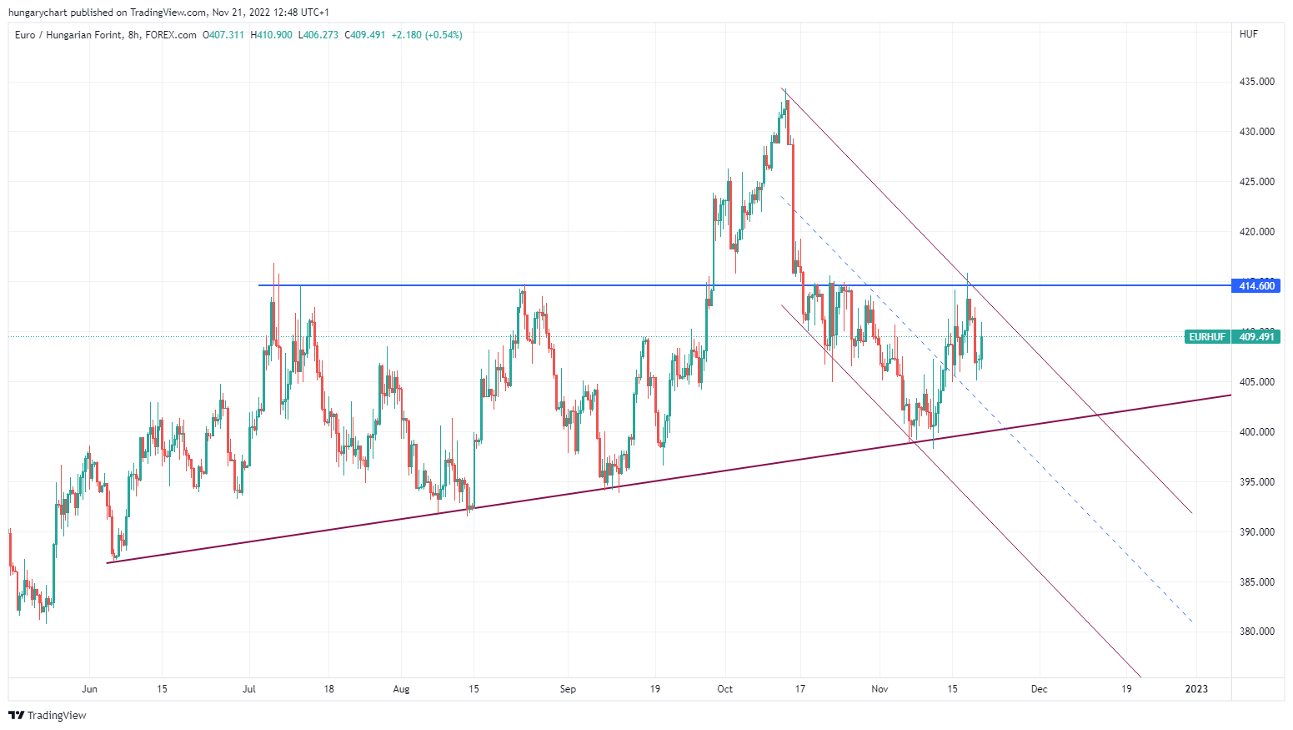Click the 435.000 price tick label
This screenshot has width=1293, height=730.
tap(1256, 82)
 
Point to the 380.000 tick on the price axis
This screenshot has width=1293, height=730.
tap(1256, 632)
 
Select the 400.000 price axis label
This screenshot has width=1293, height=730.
tap(1256, 432)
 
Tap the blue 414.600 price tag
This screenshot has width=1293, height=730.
tap(1256, 286)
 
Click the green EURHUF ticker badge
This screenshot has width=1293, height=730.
tap(1207, 337)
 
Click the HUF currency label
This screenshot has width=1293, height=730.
tap(1248, 34)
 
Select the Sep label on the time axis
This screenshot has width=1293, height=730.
tap(568, 689)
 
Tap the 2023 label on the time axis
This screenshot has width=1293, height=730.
tap(1196, 689)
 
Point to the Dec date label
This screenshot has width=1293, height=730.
tap(1039, 689)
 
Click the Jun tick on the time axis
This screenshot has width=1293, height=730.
tap(89, 689)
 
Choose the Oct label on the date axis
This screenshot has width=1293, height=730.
tap(725, 689)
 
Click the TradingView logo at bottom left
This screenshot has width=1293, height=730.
tap(48, 715)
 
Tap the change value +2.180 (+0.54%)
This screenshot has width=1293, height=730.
tap(427, 35)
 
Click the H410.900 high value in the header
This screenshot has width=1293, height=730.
tap(271, 35)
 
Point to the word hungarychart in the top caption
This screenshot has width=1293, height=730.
tap(38, 13)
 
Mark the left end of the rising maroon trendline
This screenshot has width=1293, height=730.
tap(108, 563)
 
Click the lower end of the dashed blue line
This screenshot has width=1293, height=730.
tap(1192, 622)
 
